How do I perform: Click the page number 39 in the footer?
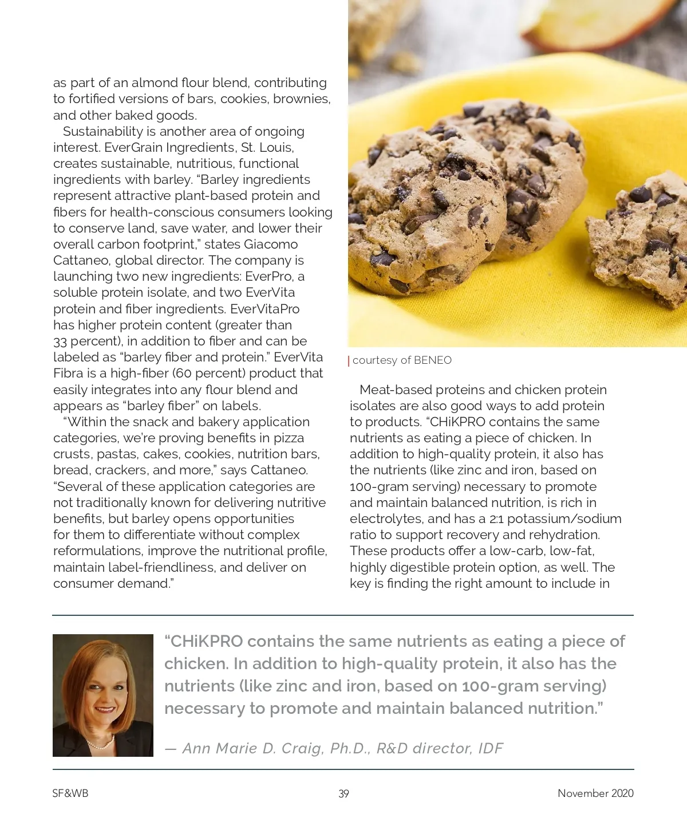point(343,793)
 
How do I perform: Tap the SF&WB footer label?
point(70,793)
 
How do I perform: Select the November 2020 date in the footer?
point(595,793)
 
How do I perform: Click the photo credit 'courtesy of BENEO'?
point(402,360)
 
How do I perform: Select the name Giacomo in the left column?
point(271,244)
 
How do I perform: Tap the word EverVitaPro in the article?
point(264,309)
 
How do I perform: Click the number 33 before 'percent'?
point(60,341)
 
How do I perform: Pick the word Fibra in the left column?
point(68,373)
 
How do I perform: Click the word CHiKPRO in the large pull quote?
point(211,641)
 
